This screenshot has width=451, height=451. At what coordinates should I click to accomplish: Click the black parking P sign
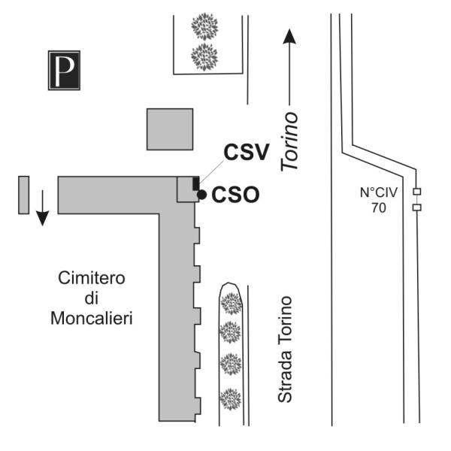64,70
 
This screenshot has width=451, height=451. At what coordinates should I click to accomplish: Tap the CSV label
246,153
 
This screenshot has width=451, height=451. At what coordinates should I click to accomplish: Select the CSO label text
235,195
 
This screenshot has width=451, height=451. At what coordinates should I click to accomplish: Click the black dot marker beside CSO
201,195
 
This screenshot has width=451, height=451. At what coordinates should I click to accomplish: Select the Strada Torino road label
284,350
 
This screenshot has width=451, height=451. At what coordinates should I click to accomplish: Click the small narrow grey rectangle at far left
23,195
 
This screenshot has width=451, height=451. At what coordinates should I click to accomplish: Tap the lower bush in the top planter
204,56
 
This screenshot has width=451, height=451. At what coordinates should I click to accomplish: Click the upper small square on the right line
416,191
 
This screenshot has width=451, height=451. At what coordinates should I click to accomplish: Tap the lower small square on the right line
416,207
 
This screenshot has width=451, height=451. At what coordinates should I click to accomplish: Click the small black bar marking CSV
196,183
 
